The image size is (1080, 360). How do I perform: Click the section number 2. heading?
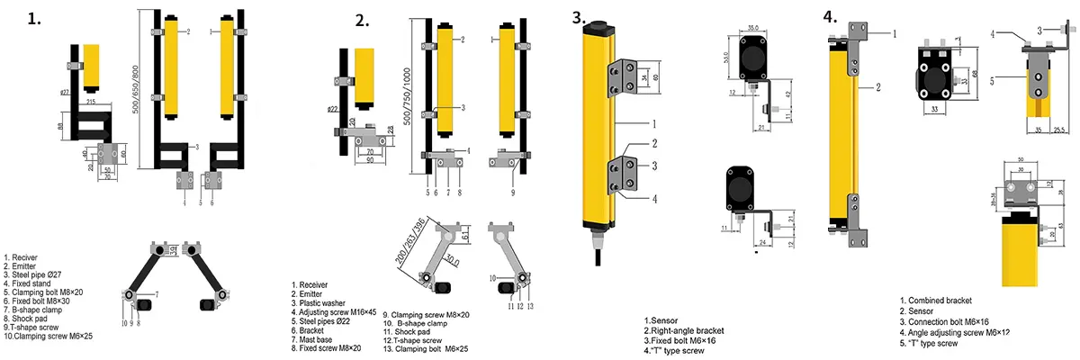pos(363,21)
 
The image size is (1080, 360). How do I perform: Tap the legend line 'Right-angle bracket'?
pos(684,330)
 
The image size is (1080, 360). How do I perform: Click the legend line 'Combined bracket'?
pos(936,301)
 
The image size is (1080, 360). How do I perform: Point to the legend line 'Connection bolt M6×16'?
pos(947,321)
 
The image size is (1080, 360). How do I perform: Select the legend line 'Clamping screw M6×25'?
pos(49,337)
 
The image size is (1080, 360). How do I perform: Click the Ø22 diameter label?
pos(334,110)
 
